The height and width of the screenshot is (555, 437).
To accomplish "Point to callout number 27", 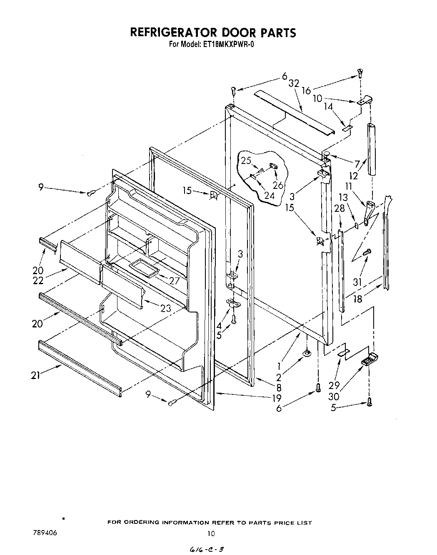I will click(174, 281).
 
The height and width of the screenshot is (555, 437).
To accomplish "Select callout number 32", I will click(294, 83).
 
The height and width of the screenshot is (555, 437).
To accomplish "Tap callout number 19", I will click(277, 398).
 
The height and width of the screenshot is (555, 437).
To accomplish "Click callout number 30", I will click(334, 397).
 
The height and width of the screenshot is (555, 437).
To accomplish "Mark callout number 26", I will click(278, 185).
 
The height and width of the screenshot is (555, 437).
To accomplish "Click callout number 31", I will click(357, 282).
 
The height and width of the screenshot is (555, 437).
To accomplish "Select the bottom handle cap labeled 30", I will click(369, 358).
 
